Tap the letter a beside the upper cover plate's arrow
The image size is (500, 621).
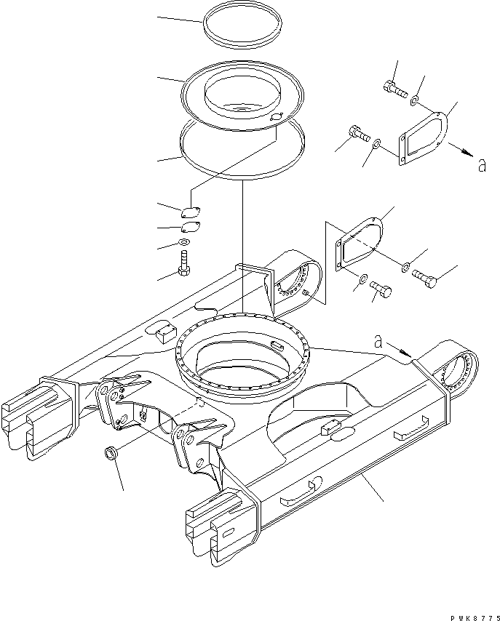480,167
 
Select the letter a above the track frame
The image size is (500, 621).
378,339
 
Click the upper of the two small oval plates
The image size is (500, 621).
191,212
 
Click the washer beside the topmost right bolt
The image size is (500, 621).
414,99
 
